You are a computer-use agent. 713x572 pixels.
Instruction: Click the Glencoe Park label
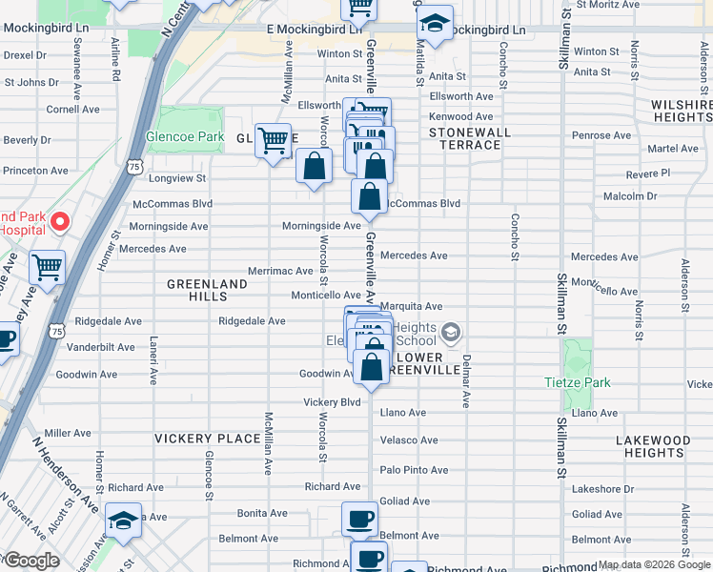tap(185, 137)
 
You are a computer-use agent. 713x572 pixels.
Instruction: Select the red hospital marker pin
tap(60, 222)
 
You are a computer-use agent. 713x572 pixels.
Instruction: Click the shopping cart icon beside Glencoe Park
tap(274, 141)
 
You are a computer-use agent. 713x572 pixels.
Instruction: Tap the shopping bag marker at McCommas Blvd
tap(369, 197)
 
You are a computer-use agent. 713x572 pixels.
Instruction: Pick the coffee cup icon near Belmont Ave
tap(359, 520)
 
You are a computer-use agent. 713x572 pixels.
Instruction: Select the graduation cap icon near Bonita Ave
tap(123, 521)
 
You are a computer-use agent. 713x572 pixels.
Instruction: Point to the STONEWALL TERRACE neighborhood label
tap(464, 138)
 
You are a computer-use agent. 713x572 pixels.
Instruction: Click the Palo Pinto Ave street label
tap(414, 470)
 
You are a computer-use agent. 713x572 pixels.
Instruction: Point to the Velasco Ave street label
tap(409, 440)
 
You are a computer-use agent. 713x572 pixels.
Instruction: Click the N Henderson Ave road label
tap(65, 474)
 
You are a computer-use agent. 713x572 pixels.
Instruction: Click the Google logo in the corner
tap(32, 561)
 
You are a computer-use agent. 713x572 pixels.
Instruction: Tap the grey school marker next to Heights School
tap(452, 333)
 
